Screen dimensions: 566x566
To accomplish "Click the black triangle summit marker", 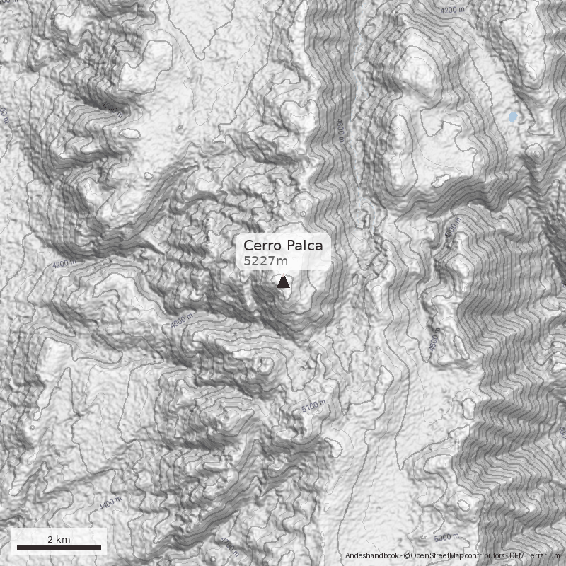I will coord(283,283).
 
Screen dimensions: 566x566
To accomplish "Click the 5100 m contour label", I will coord(313,407).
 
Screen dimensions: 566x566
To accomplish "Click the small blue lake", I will coord(512,116).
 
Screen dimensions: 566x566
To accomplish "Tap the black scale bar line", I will coord(59,548).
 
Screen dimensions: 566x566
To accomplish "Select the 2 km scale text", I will coord(59,539).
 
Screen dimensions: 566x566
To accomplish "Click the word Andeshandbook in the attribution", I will coord(372,557).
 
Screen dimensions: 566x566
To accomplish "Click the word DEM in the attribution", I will coord(518,557).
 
